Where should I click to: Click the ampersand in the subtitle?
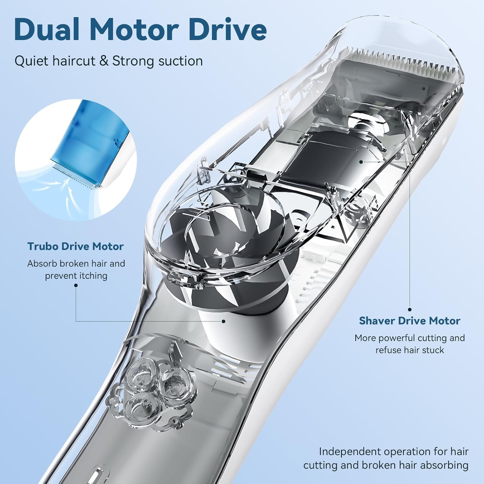[104, 61]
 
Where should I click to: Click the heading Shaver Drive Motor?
[409, 321]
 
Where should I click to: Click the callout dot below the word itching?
[76, 285]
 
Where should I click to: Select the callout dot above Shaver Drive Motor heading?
[410, 309]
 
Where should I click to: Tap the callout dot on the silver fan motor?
[223, 321]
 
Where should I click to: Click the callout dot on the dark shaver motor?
[361, 161]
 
